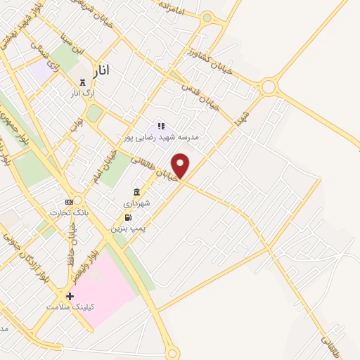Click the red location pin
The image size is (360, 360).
(x=181, y=165)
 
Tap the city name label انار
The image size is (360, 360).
(x=101, y=70)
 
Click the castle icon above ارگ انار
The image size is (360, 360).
(x=83, y=82)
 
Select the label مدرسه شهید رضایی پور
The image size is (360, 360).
(x=162, y=137)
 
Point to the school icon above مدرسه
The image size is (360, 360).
(x=161, y=127)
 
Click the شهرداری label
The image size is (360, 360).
(x=136, y=203)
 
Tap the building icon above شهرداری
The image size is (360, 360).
(x=136, y=193)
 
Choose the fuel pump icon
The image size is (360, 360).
(x=127, y=218)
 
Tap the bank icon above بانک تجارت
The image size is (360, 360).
(x=68, y=202)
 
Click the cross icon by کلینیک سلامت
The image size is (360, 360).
(x=69, y=296)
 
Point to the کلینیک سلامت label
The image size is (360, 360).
(x=70, y=307)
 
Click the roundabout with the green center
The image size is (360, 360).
(x=207, y=18)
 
